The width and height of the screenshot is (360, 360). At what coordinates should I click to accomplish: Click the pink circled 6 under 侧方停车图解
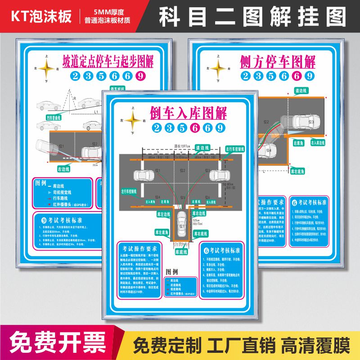297,76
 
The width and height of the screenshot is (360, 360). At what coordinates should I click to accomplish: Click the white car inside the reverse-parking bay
182,220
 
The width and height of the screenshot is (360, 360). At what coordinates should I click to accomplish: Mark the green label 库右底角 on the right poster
298,171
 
